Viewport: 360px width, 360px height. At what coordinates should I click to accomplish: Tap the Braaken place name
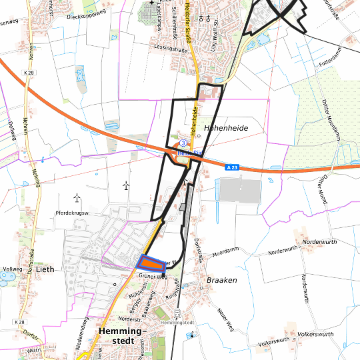pos(221,281)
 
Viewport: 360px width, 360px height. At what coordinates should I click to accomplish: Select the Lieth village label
pos(44,270)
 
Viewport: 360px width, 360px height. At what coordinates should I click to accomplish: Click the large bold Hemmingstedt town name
pos(125,335)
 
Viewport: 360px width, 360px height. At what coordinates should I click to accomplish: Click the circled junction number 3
pos(182,144)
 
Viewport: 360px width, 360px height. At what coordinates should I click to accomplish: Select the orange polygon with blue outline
pos(151,262)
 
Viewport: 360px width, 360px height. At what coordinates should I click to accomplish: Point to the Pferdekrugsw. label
pos(73,213)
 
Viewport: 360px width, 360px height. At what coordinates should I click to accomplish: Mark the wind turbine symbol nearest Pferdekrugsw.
pos(77,197)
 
